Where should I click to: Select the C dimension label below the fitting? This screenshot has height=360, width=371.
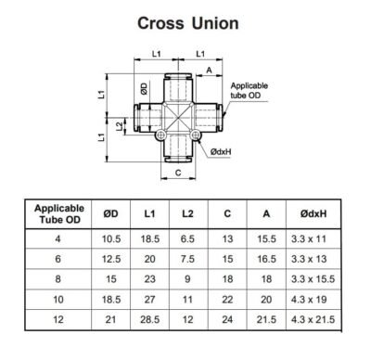176,173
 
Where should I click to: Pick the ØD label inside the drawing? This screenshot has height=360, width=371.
144,89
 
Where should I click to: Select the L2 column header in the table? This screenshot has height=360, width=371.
188,214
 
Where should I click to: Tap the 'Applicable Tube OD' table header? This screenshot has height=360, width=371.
59,214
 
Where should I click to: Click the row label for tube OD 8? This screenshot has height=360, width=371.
59,278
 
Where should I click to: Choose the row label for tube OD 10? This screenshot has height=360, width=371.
59,300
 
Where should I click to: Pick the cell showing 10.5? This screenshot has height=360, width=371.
111,238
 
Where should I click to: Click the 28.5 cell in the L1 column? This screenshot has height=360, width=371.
150,320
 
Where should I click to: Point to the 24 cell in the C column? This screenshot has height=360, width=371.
227,320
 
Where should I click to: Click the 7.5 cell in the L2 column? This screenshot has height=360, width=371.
188,258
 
